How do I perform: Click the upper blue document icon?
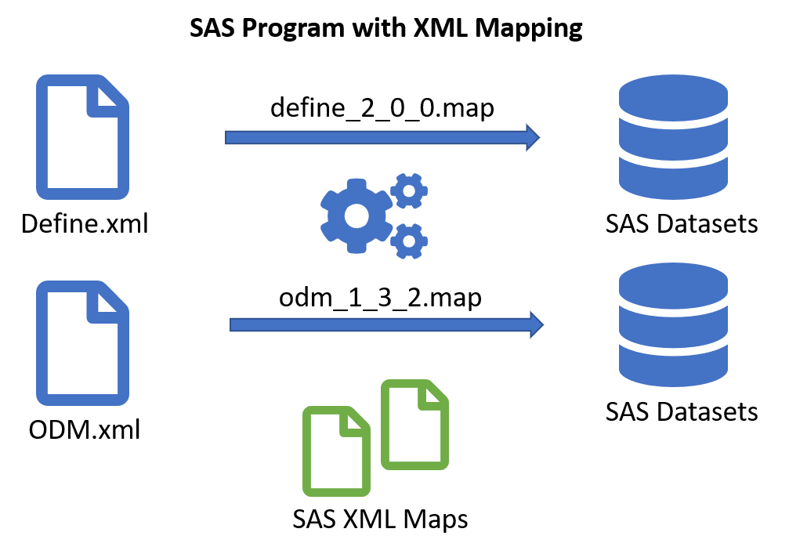point(82,137)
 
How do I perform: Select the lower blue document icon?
point(82,343)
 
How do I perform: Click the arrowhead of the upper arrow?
point(533,137)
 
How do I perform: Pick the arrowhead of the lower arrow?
point(537,324)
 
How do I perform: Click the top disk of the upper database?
point(673,96)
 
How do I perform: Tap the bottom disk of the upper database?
point(673,179)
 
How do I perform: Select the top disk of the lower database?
point(673,284)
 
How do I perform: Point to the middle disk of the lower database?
point(673,328)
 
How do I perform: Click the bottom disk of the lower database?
point(673,367)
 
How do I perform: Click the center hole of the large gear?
point(356,215)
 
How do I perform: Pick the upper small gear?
point(409,190)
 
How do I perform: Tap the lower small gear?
point(409,241)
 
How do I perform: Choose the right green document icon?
point(414,425)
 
